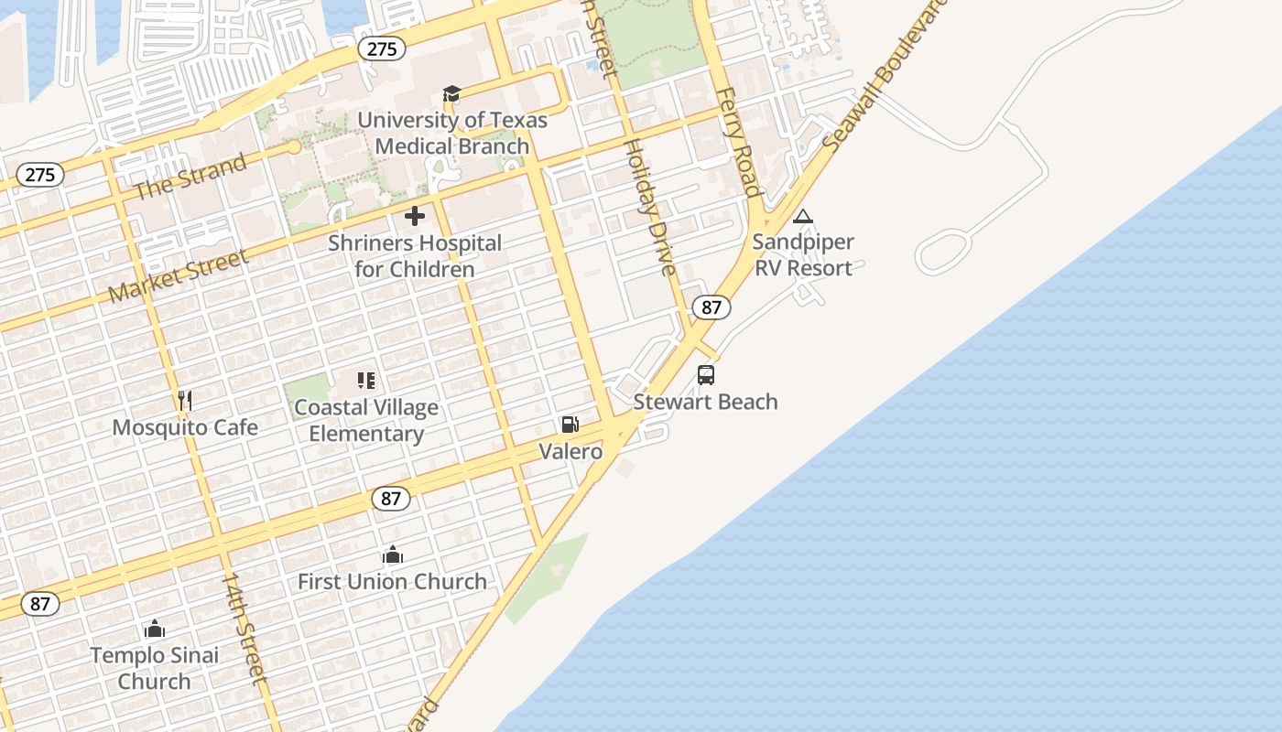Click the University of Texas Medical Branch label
452,133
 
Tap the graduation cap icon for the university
451,93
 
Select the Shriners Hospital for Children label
415,256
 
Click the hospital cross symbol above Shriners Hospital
415,216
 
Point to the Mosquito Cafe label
185,427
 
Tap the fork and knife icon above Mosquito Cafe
185,400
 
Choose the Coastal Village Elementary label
366,421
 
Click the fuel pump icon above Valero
570,425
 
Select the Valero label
570,451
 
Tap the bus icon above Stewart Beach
706,374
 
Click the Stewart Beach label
706,402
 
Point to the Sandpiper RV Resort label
803,255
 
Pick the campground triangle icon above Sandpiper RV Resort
803,217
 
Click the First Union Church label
392,581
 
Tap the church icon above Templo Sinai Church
155,629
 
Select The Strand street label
190,177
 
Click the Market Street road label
179,275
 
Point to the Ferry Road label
738,142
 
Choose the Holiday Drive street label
649,206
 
